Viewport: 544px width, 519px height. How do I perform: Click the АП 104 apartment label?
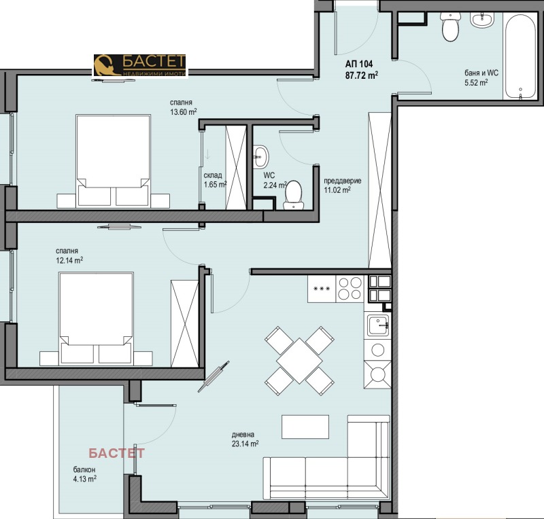359,64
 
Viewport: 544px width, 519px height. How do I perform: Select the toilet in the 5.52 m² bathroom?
450,26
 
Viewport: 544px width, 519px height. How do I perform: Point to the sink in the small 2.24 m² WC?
260,156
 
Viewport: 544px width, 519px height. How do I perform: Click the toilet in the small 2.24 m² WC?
293,195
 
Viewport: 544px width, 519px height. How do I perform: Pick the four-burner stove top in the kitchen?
350,289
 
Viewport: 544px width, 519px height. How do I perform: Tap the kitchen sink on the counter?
378,325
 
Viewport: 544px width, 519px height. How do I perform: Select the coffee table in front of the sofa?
305,427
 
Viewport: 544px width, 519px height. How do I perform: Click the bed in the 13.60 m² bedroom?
113,161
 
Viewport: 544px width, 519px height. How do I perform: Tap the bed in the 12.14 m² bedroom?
96,318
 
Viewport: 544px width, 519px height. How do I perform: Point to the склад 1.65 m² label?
215,180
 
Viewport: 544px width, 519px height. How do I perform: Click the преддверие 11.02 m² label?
343,185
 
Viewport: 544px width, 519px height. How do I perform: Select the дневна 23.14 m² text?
245,439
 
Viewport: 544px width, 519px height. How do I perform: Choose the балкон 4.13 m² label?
84,474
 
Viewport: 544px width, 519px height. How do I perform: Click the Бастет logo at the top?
140,65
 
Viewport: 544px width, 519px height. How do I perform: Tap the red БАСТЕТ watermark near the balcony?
116,453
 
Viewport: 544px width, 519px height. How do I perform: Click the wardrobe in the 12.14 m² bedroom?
184,323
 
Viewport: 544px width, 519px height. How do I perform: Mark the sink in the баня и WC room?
482,20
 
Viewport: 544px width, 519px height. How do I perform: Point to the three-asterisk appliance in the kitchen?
322,289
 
